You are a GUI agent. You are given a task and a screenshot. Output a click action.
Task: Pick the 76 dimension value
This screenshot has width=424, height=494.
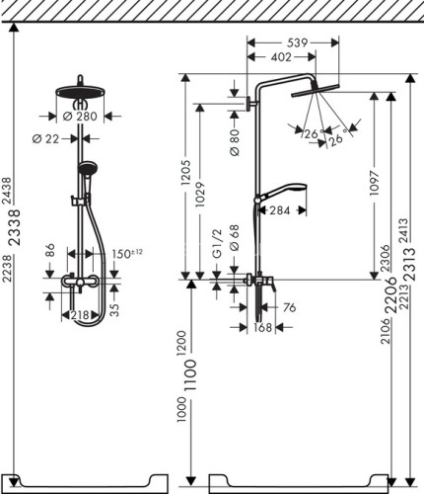[289, 308]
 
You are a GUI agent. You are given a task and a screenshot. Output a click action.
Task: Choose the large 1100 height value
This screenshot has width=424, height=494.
[191, 383]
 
